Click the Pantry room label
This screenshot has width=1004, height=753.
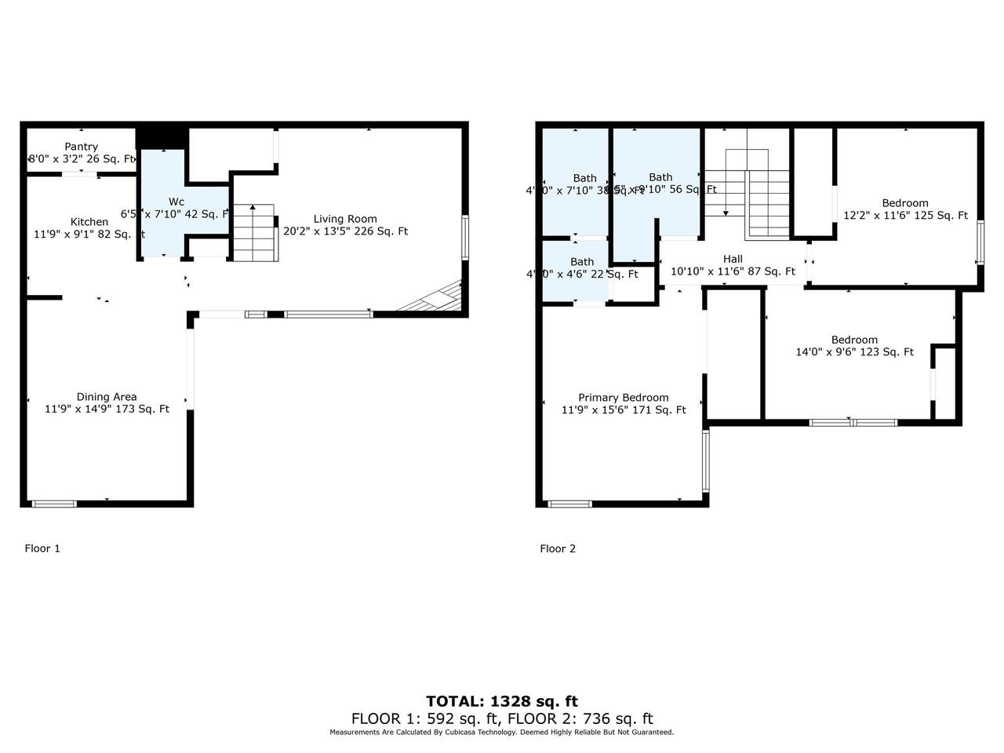point(81,147)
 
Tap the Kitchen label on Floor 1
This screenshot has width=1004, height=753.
point(89,222)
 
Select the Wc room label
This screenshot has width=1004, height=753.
point(176,202)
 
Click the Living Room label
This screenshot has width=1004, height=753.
point(345,219)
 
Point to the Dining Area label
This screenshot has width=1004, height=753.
point(107,397)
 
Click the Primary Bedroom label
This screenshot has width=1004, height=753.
point(624,398)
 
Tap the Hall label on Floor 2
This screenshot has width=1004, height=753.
point(733,259)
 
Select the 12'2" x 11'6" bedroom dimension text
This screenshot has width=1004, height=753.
point(905,216)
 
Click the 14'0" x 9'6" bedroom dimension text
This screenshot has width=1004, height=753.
point(854,352)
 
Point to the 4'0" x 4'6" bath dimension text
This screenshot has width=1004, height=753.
point(582,275)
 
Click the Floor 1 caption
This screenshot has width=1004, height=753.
point(42,548)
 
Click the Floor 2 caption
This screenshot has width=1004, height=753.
point(558,548)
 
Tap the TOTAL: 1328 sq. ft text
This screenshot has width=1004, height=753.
point(502,701)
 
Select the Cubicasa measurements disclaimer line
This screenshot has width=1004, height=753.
point(502,733)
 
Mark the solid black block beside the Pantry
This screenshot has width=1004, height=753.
point(162,136)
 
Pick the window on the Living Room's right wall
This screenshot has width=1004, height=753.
point(465,238)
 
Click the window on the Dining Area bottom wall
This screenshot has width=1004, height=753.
point(54,504)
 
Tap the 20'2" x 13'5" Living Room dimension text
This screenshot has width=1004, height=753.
point(345,231)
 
